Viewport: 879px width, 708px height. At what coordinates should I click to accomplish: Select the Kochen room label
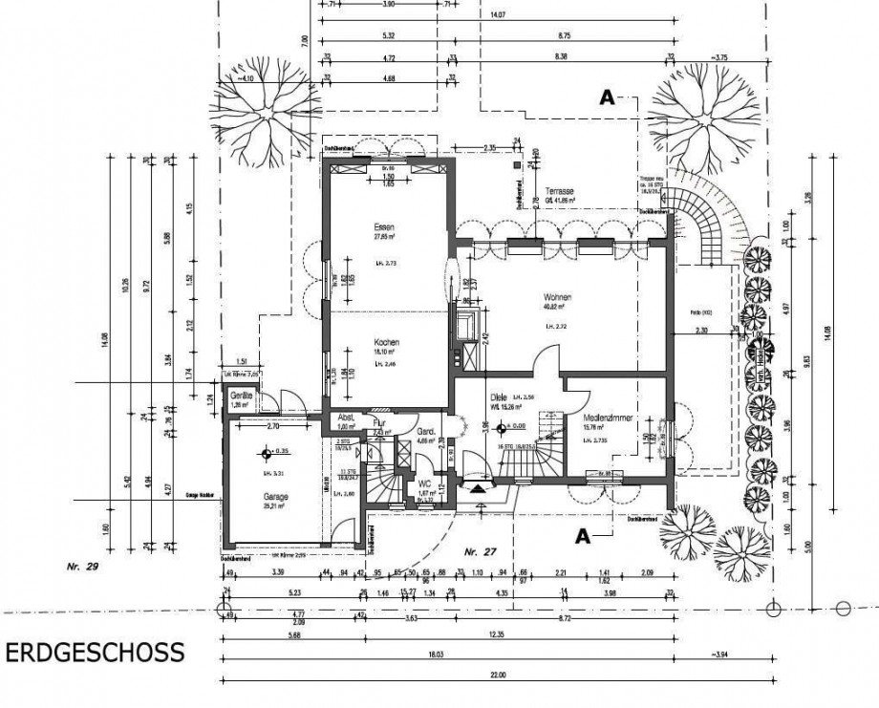point(387,342)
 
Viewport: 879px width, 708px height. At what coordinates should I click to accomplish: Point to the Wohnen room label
point(558,297)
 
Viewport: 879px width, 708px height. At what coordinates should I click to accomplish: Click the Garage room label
point(277,497)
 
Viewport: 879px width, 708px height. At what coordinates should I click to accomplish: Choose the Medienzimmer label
point(609,418)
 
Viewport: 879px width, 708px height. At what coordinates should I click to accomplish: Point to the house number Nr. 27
point(475,552)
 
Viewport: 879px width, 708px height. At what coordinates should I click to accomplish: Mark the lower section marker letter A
point(580,537)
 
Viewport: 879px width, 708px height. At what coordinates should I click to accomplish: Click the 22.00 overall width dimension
point(495,676)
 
